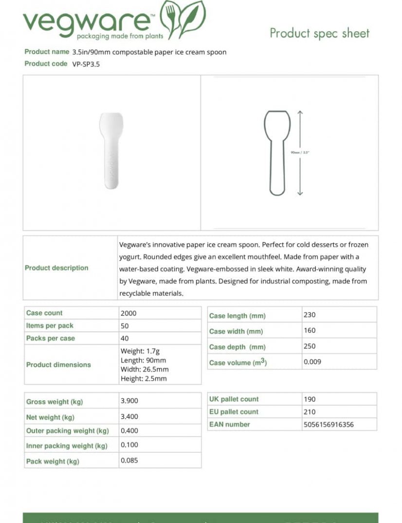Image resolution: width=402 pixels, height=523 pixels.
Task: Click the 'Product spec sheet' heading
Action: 319,33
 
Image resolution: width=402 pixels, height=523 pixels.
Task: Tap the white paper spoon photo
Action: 111,151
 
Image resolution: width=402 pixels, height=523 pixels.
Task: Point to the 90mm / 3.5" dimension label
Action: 300,153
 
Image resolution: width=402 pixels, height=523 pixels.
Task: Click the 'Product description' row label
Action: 56,268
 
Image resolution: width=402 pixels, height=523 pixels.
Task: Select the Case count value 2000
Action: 128,313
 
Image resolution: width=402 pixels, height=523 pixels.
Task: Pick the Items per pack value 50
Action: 125,326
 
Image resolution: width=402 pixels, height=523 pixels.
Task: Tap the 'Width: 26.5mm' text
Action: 145,369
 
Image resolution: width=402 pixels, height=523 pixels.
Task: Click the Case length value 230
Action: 310,315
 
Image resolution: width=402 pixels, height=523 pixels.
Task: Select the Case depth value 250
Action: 310,347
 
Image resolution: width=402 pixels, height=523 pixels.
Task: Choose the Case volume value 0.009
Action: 312,362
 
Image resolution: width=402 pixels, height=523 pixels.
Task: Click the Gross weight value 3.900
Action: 129,401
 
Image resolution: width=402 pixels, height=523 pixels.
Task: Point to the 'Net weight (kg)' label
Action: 50,418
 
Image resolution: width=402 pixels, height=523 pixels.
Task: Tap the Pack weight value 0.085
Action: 129,461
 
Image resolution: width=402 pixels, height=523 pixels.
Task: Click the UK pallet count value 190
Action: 310,399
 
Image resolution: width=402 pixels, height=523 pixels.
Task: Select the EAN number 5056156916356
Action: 329,425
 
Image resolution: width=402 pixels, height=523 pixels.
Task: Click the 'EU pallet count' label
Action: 234,412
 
